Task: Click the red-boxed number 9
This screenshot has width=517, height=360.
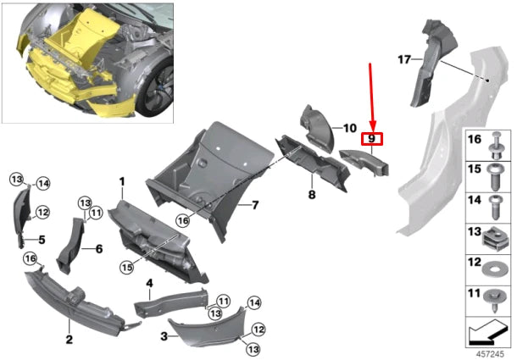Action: tap(371, 138)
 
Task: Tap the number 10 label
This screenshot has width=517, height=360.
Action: tap(349, 128)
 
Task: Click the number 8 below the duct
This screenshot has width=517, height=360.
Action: tap(311, 195)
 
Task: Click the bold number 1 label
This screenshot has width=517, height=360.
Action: tap(122, 181)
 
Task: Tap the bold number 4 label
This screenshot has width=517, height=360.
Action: tap(148, 282)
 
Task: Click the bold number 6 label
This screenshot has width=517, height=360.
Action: tap(98, 249)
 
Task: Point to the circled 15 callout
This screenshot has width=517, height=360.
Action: tap(125, 267)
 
